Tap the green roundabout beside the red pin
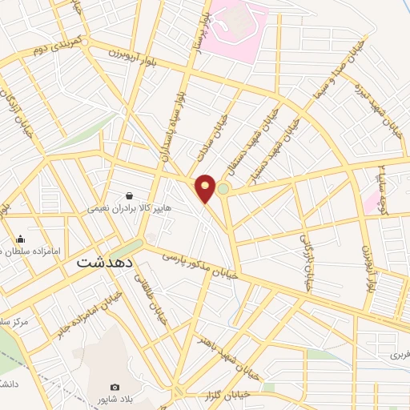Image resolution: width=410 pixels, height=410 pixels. coord(223,190)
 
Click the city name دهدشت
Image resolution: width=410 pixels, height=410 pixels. coord(102,261)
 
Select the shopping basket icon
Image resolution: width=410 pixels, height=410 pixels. coord(130,195)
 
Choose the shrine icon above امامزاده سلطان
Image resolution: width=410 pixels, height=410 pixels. coord(20,239)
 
